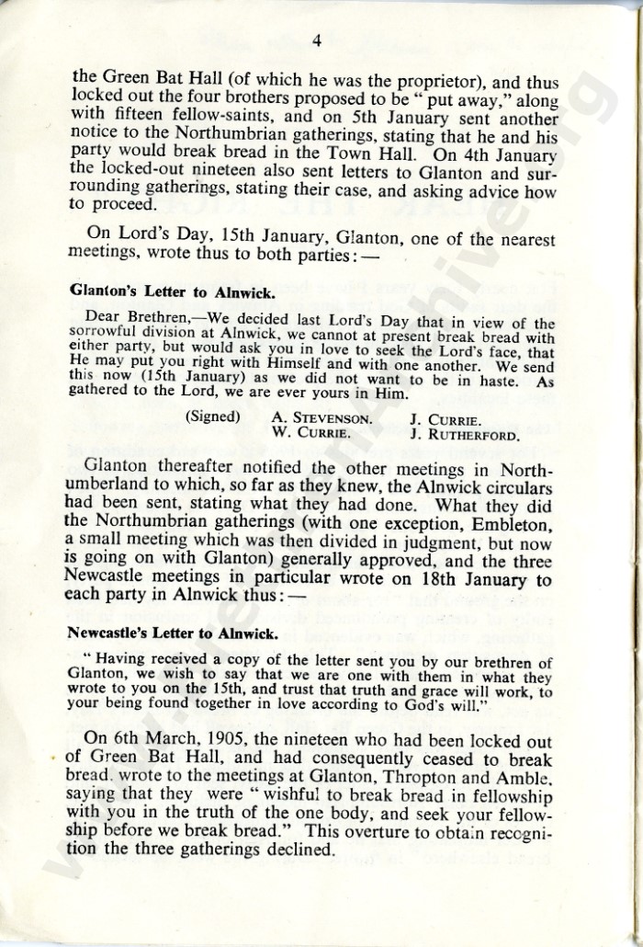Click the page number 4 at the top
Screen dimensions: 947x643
point(315,40)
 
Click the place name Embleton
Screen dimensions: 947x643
point(504,525)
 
